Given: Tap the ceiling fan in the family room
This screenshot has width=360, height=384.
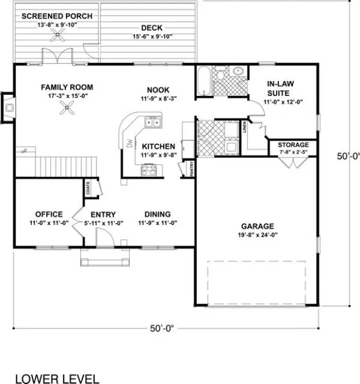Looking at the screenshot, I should (68, 107).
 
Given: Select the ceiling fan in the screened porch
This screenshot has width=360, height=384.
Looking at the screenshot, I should (57, 36).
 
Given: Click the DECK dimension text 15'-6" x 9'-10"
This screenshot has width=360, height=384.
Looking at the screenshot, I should (151, 37).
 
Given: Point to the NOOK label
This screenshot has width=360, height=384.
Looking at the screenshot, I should (158, 89).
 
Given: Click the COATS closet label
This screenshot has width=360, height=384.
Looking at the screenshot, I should (88, 187).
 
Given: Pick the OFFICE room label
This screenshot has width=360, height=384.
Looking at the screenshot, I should (49, 214).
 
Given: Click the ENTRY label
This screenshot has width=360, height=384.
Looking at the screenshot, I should (103, 214).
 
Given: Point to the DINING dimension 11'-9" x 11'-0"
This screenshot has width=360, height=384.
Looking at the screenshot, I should (157, 223).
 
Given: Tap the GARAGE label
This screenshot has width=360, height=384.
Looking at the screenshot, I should (259, 226).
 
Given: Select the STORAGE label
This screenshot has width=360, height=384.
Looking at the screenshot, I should (293, 145).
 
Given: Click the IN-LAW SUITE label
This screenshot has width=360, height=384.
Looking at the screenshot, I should (282, 87).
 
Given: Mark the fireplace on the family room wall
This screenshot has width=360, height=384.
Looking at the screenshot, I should (8, 107).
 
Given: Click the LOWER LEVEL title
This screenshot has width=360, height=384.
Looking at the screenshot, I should (56, 379).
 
